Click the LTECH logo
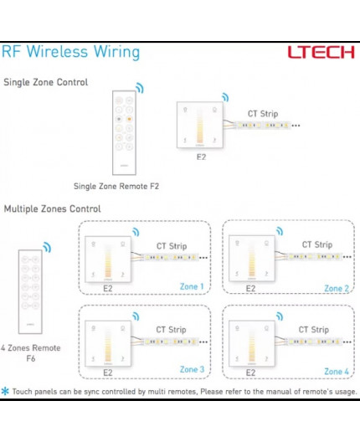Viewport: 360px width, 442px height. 321,52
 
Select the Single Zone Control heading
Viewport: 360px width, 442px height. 46,82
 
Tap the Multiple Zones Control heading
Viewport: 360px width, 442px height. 52,208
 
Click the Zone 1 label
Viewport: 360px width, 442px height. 192,287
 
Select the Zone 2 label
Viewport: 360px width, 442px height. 336,288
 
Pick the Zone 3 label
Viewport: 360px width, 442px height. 192,369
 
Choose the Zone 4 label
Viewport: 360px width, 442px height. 336,371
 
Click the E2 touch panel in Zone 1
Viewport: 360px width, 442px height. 107,259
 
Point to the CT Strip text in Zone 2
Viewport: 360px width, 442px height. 317,245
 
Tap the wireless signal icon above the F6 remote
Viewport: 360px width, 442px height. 48,248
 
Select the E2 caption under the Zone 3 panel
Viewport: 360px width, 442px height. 107,373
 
